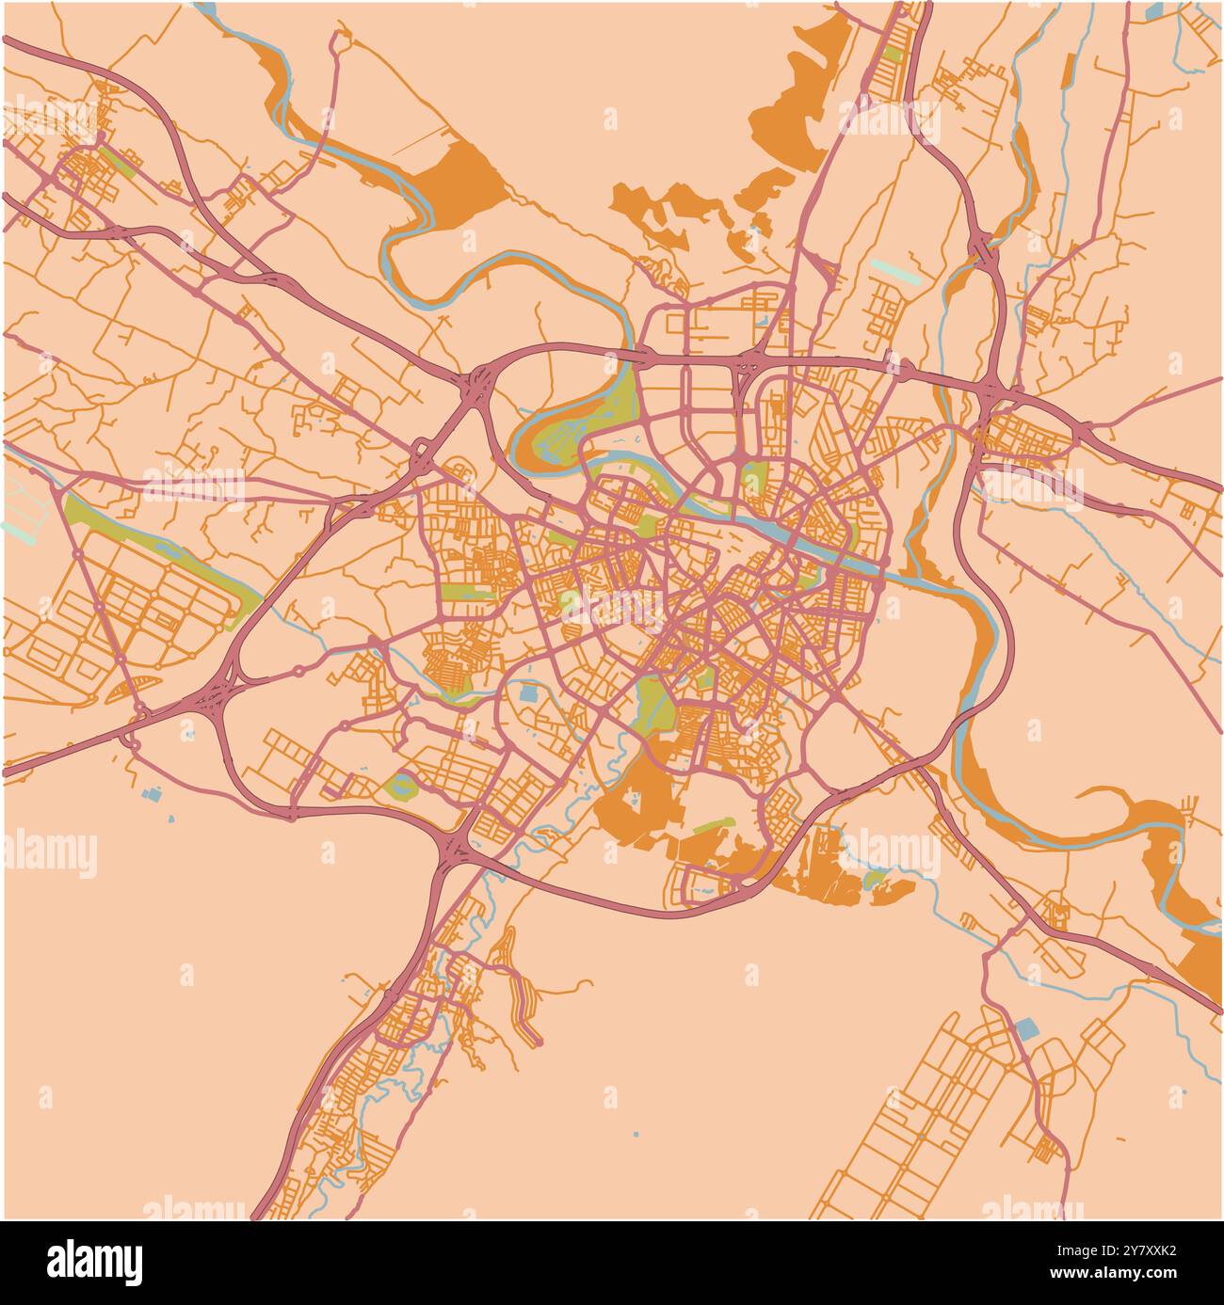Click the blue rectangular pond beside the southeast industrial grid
(1025, 1028)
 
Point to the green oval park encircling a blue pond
(402, 784)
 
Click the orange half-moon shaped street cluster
(126, 690)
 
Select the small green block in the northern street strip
(892, 55)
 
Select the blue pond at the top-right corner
(1153, 11)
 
